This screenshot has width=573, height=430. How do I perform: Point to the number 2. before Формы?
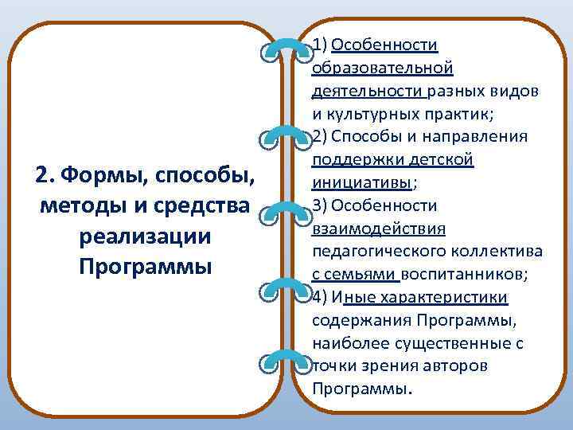tap(45, 174)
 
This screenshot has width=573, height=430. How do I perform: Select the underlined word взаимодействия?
tap(378, 229)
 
